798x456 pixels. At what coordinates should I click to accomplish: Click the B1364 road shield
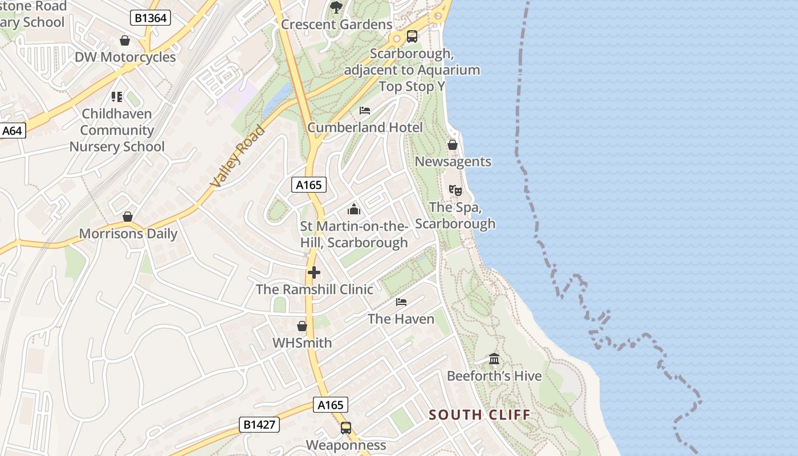click(x=151, y=18)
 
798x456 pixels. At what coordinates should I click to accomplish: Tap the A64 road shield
click(x=12, y=131)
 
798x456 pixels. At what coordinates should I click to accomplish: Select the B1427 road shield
click(x=259, y=424)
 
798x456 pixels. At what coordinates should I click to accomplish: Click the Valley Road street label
click(x=237, y=156)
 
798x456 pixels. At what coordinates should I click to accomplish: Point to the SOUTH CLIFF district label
click(x=479, y=414)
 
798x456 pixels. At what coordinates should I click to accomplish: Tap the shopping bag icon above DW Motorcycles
click(x=125, y=40)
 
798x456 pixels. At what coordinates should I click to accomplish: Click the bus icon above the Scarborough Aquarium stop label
click(x=412, y=37)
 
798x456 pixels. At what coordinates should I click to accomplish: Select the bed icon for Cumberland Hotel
click(x=365, y=111)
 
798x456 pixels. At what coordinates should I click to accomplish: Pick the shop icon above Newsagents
click(x=453, y=145)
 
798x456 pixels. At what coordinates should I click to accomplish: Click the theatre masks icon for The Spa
click(x=455, y=190)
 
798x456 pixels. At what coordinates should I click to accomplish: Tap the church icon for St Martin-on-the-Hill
click(x=354, y=209)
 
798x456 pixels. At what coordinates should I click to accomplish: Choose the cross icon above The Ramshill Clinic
click(x=313, y=272)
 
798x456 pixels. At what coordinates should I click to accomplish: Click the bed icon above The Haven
click(x=401, y=302)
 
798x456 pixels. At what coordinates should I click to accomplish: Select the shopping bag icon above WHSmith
click(x=302, y=326)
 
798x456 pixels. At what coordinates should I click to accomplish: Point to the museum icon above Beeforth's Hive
click(x=494, y=359)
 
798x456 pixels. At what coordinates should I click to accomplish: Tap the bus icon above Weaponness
click(x=346, y=428)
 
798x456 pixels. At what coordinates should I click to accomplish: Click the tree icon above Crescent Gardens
click(x=336, y=7)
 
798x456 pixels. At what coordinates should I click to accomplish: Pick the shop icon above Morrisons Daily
click(x=128, y=217)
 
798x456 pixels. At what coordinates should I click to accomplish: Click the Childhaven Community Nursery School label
click(x=117, y=131)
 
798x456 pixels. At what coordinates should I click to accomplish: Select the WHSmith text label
click(x=302, y=343)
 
